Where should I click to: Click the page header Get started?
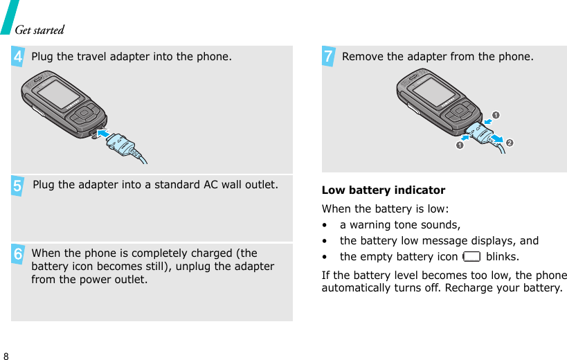[x=39, y=30]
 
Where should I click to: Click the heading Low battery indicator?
[x=384, y=190]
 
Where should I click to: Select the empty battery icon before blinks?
[x=471, y=257]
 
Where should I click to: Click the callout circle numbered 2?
[x=510, y=142]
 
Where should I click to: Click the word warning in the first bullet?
[x=375, y=225]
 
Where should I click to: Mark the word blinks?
[x=503, y=257]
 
